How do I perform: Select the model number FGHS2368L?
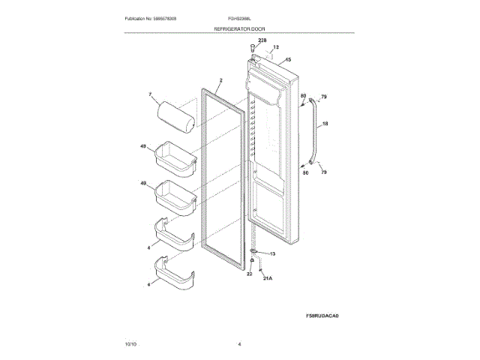click(239, 17)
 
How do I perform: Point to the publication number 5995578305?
click(175, 17)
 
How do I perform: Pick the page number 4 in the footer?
click(239, 343)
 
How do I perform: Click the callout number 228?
click(262, 39)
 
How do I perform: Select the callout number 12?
click(275, 47)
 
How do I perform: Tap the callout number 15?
click(288, 58)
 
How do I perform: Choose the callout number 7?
click(150, 95)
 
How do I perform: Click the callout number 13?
click(272, 254)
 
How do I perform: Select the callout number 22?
click(250, 274)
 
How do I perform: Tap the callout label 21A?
click(267, 278)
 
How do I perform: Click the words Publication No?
click(142, 17)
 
